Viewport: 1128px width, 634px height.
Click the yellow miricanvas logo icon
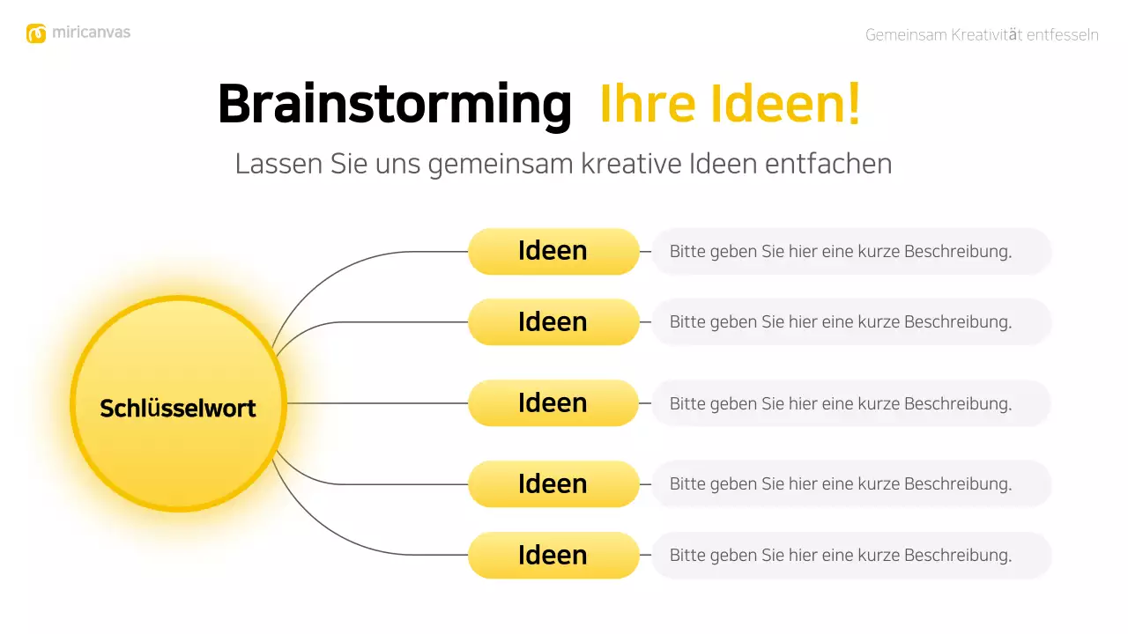coord(36,33)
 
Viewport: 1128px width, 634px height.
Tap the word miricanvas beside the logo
coord(91,33)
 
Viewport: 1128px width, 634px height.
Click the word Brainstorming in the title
coord(394,104)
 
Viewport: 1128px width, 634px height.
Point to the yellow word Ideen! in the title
coord(775,104)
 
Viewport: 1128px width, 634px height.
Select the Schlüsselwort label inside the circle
coord(178,409)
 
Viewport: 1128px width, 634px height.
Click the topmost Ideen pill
coord(553,251)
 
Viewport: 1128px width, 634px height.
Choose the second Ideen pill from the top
coord(553,322)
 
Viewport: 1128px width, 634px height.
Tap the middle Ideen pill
coord(553,403)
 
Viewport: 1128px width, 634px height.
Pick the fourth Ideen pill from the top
coord(553,484)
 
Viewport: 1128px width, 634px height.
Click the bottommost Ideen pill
coord(553,556)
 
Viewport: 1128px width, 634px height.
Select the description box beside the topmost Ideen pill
coord(851,251)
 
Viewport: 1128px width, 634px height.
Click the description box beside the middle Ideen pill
coord(851,403)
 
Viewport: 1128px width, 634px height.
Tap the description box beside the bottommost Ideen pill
coord(851,556)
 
